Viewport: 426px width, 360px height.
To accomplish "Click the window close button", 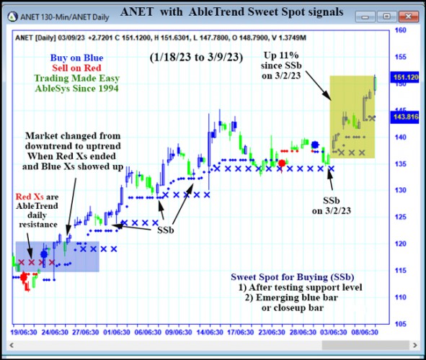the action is click(x=408, y=17).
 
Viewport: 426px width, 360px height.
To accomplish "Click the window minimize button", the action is click(x=365, y=17).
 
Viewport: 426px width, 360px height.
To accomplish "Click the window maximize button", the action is click(x=386, y=17).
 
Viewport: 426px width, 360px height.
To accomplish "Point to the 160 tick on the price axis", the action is click(x=401, y=30).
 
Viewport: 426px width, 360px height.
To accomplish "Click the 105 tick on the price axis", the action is click(x=401, y=324).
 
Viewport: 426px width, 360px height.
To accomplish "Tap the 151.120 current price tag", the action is click(x=404, y=78).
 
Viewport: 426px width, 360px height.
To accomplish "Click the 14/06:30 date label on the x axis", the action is click(x=210, y=332).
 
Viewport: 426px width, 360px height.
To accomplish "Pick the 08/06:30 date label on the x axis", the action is click(x=365, y=332).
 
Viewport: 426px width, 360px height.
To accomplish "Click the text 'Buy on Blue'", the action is click(x=76, y=58).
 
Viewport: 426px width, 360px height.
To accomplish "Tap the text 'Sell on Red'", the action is click(x=76, y=68).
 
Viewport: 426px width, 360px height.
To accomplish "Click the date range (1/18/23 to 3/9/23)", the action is click(x=196, y=58).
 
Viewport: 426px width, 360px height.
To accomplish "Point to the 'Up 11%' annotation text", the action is click(x=281, y=55).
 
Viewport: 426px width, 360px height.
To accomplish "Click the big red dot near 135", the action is click(x=282, y=163).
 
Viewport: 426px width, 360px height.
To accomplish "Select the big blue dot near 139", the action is click(x=315, y=145).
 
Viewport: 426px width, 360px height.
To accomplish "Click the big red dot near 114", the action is click(x=24, y=277).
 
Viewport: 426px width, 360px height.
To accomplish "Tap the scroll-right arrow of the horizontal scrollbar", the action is click(x=415, y=346).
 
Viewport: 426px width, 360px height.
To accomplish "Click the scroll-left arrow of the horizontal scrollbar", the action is click(x=12, y=346).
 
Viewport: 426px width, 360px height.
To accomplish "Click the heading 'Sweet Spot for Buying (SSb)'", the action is click(x=293, y=277).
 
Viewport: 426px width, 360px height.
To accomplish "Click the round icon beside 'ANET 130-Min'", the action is click(x=12, y=17).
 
